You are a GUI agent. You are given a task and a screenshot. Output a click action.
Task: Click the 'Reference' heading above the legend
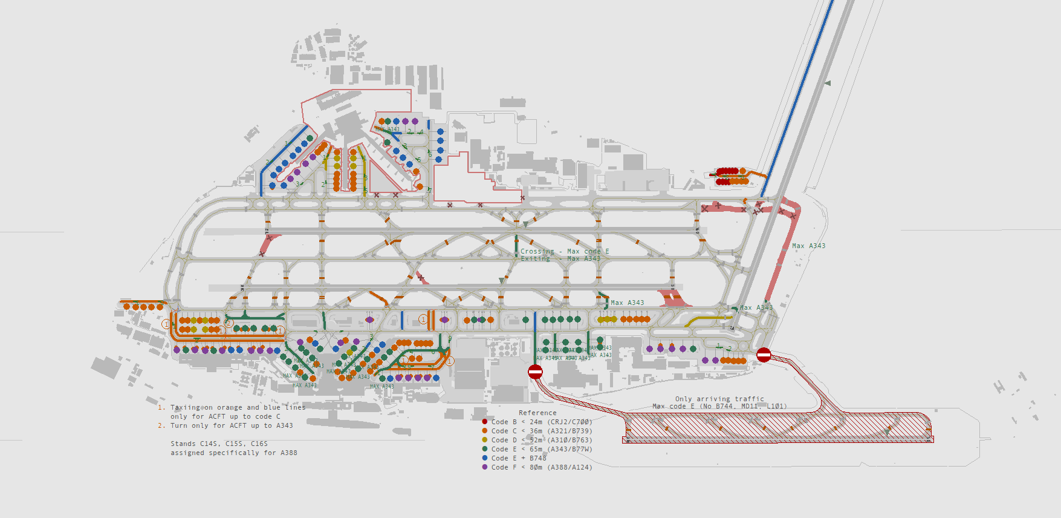(537, 413)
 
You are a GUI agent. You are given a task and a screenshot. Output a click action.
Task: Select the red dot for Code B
(485, 422)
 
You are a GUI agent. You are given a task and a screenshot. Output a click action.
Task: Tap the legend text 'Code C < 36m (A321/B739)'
(542, 431)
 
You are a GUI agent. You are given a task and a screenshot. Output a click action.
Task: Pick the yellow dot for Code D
(485, 440)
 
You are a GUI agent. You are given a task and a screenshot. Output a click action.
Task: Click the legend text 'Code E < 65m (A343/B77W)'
(542, 449)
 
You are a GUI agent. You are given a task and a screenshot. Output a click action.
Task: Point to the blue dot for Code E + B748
(485, 458)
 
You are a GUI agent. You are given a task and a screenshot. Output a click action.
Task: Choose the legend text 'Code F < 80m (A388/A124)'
(542, 467)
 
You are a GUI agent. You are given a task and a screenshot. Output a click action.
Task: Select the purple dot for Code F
(485, 467)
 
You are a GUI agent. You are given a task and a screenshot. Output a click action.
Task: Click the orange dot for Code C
(485, 431)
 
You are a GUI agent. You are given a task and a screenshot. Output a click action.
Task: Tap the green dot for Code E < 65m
(485, 449)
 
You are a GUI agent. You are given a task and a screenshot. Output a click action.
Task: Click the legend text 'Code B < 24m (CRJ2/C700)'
(542, 422)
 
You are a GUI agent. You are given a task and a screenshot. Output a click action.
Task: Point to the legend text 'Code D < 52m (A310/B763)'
(542, 440)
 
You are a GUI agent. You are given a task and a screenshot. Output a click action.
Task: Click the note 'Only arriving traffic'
(719, 399)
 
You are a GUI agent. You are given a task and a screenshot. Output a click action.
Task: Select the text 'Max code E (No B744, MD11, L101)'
(719, 406)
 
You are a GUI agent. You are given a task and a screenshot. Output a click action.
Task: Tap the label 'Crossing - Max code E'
(565, 251)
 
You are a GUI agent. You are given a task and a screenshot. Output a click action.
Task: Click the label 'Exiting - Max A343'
(560, 258)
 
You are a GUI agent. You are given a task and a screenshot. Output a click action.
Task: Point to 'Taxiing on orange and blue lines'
(238, 407)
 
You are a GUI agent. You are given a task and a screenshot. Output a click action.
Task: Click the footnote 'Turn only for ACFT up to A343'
(232, 425)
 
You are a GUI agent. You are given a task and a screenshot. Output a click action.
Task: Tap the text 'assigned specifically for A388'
(233, 453)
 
